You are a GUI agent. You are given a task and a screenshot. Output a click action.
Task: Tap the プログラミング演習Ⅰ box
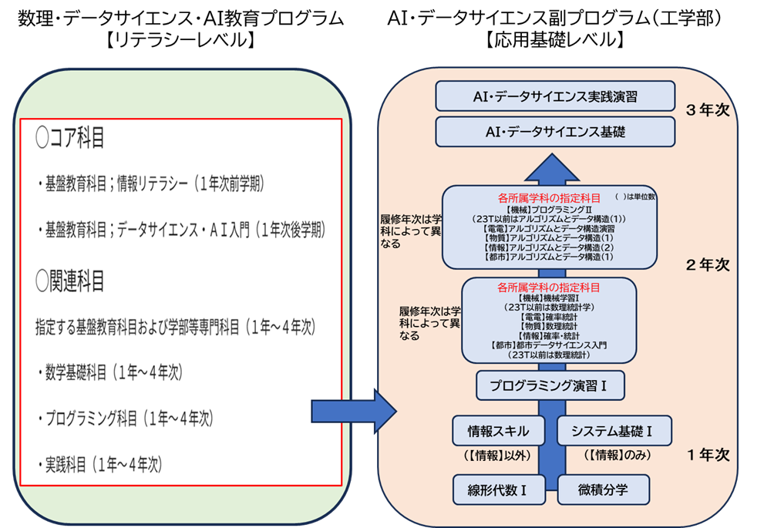point(549,385)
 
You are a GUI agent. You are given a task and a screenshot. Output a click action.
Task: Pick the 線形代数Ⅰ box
point(499,489)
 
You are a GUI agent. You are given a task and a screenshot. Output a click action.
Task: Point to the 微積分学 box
point(603,489)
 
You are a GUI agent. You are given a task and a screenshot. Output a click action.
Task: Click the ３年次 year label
point(708,110)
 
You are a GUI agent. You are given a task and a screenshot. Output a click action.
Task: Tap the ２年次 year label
point(708,264)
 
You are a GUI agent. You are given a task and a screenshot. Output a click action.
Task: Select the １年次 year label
point(708,455)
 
